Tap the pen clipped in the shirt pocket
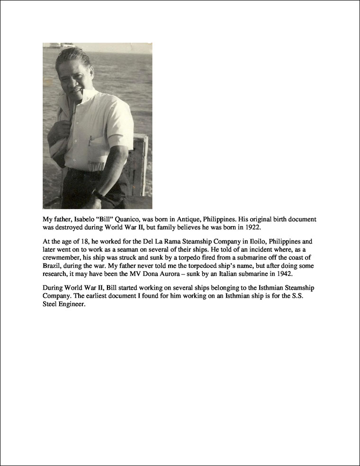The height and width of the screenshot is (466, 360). click(x=90, y=141)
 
